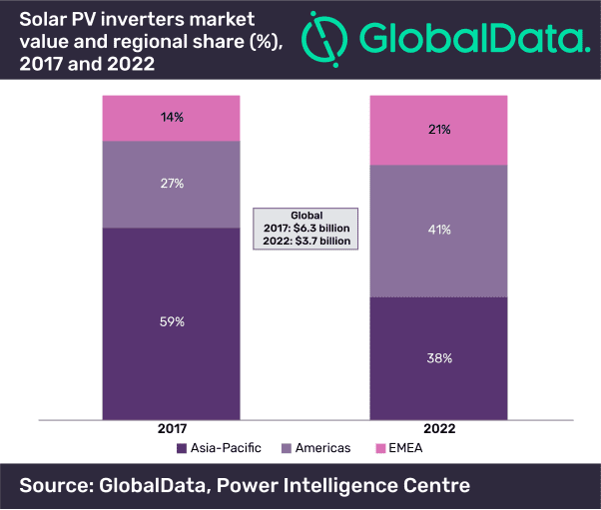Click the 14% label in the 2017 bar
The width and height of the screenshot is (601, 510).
171,118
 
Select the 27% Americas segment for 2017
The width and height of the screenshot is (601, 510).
171,184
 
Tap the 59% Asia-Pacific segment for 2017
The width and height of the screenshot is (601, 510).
171,321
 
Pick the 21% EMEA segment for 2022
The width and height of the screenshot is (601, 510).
439,130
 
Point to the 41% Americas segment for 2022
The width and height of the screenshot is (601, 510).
439,230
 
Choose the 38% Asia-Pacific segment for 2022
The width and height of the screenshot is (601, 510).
439,357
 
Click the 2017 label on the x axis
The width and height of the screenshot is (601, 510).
171,428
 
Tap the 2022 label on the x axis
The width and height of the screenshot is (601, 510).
439,428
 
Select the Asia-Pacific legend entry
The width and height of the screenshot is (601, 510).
219,448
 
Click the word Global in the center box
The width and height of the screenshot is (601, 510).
306,215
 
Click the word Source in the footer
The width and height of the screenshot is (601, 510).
53,486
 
